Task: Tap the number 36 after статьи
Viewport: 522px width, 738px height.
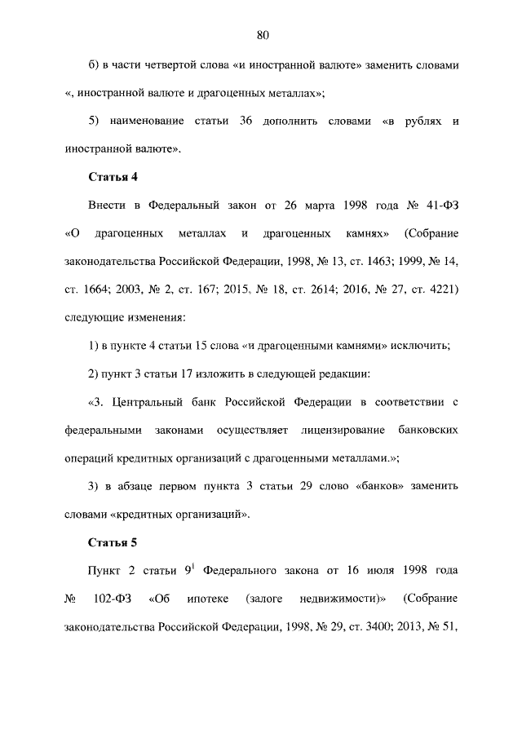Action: tap(247, 121)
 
